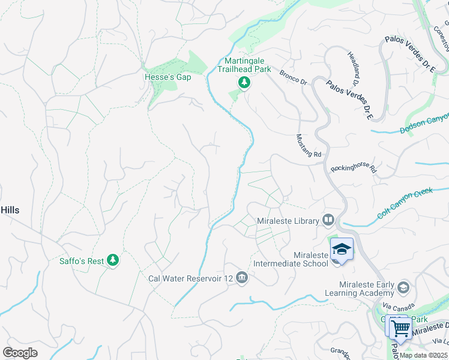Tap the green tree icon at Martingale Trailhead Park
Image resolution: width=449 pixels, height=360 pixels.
pyautogui.click(x=244, y=83)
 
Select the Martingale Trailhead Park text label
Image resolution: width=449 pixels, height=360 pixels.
pyautogui.click(x=244, y=65)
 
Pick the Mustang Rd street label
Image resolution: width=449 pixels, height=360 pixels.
pyautogui.click(x=309, y=146)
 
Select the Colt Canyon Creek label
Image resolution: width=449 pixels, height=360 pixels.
pyautogui.click(x=405, y=203)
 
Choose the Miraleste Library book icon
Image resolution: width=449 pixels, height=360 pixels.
pyautogui.click(x=328, y=220)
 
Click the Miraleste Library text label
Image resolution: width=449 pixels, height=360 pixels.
pyautogui.click(x=288, y=221)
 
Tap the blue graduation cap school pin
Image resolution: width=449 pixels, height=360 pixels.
pyautogui.click(x=341, y=248)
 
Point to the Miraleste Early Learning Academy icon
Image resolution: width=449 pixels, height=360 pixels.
pyautogui.click(x=402, y=287)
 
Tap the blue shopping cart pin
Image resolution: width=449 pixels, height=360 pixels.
pyautogui.click(x=400, y=328)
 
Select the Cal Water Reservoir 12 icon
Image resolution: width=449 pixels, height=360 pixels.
pyautogui.click(x=242, y=277)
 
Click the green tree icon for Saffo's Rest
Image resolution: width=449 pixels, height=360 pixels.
pyautogui.click(x=112, y=260)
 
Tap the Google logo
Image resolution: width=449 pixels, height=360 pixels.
pyautogui.click(x=20, y=352)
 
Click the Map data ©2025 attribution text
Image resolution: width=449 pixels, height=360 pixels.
pyautogui.click(x=423, y=355)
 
